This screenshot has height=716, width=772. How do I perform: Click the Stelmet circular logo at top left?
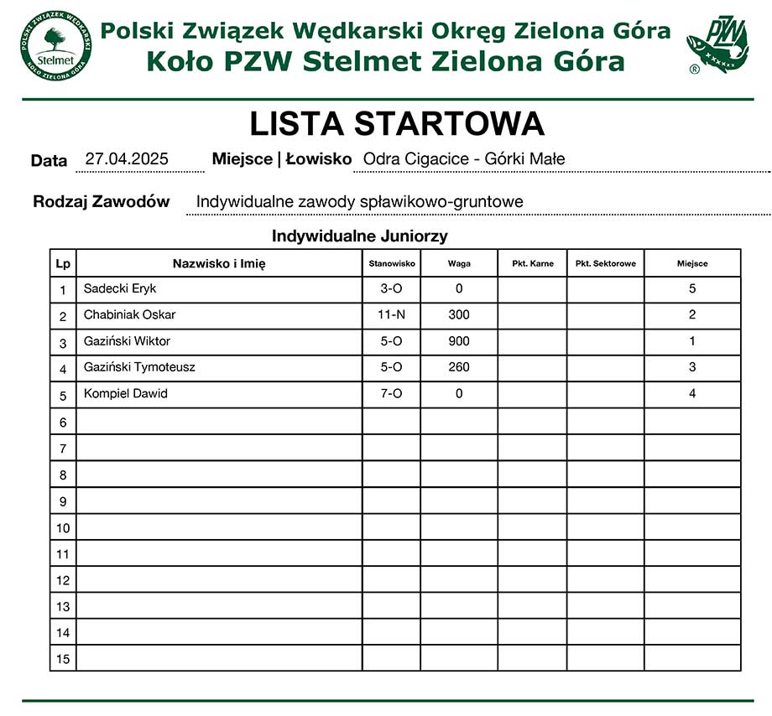pyautogui.click(x=55, y=45)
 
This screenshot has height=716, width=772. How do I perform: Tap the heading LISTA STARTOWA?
pyautogui.click(x=397, y=124)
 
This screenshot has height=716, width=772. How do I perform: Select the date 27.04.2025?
pyautogui.click(x=128, y=158)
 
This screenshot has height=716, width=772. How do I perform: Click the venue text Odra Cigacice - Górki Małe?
pyautogui.click(x=464, y=158)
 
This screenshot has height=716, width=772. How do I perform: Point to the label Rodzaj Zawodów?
pyautogui.click(x=101, y=201)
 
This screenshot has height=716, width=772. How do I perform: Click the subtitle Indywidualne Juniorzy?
pyautogui.click(x=359, y=236)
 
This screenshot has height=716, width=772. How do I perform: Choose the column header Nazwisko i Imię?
pyautogui.click(x=219, y=263)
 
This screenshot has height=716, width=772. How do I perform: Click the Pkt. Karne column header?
pyautogui.click(x=533, y=263)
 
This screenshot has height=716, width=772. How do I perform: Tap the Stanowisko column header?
pyautogui.click(x=392, y=263)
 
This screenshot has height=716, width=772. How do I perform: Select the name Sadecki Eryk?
pyautogui.click(x=120, y=288)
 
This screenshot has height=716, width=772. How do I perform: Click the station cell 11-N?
pyautogui.click(x=392, y=314)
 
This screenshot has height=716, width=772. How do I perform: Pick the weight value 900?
pyautogui.click(x=459, y=341)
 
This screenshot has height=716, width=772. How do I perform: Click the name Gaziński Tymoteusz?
pyautogui.click(x=139, y=367)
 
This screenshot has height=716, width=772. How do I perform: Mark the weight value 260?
pyautogui.click(x=459, y=367)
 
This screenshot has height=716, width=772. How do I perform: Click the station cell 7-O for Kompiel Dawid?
pyautogui.click(x=392, y=393)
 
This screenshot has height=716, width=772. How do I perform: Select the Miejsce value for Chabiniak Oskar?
pyautogui.click(x=692, y=314)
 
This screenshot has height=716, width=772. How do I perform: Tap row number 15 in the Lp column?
pyautogui.click(x=63, y=659)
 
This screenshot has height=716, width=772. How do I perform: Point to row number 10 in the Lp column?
pyautogui.click(x=63, y=528)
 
